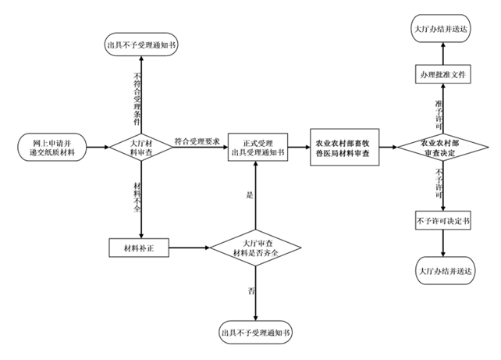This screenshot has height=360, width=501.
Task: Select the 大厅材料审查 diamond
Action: tap(140, 146)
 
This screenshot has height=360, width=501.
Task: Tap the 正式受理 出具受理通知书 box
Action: tap(258, 146)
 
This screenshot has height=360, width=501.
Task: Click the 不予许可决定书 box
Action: tap(443, 221)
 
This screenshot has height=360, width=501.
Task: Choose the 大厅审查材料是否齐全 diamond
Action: tap(257, 248)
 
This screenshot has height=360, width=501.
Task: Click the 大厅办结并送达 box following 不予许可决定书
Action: tap(443, 269)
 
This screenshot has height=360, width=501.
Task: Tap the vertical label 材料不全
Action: tap(137, 195)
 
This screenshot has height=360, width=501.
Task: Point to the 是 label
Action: tap(250, 195)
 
